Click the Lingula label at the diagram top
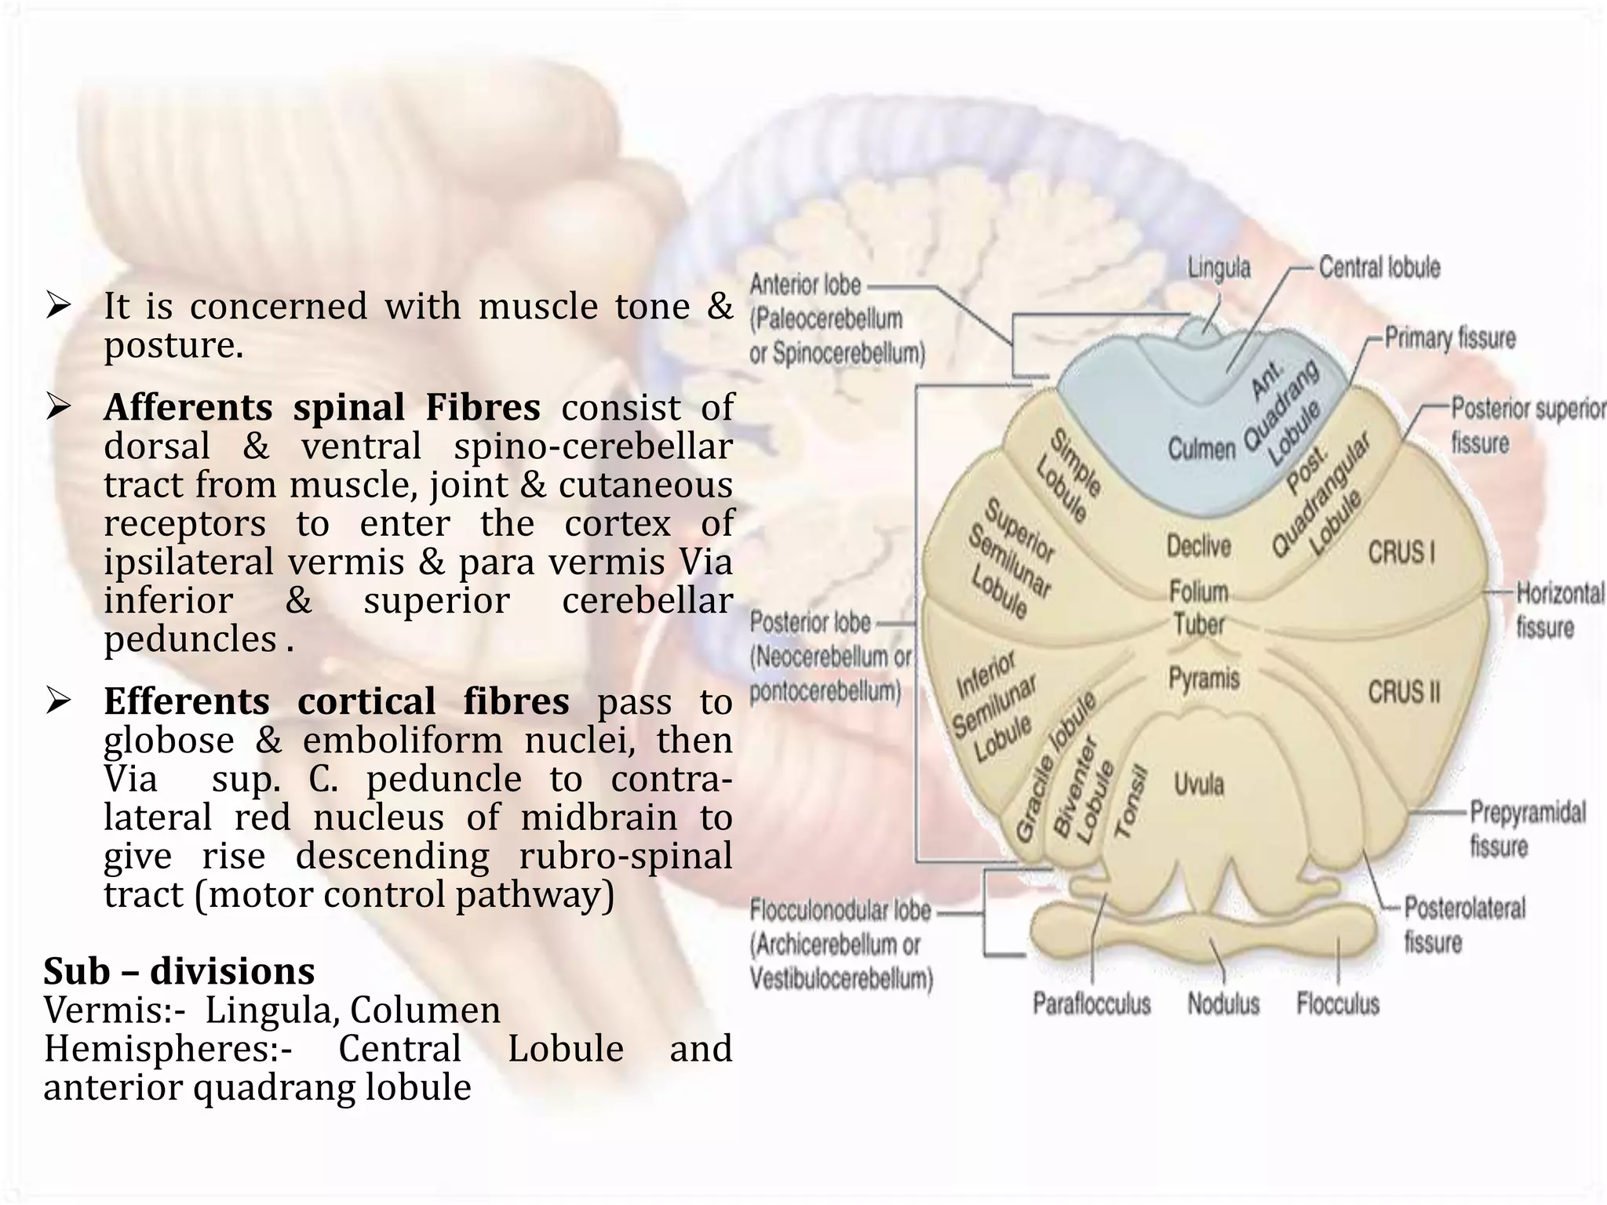click(1219, 268)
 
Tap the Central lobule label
click(1379, 268)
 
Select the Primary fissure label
click(1450, 339)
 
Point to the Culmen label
click(1201, 450)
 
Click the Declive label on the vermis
click(1198, 546)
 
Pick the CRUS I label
click(1402, 552)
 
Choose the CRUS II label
click(1405, 692)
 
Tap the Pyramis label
click(1204, 679)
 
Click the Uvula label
click(1199, 784)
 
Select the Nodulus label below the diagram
click(1223, 1003)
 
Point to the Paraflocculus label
click(1091, 1003)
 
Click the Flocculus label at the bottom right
click(1338, 1003)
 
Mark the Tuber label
click(1199, 625)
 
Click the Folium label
click(1199, 592)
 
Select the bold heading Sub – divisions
click(179, 971)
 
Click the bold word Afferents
click(188, 408)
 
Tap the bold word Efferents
click(187, 701)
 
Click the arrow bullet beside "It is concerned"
click(59, 305)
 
